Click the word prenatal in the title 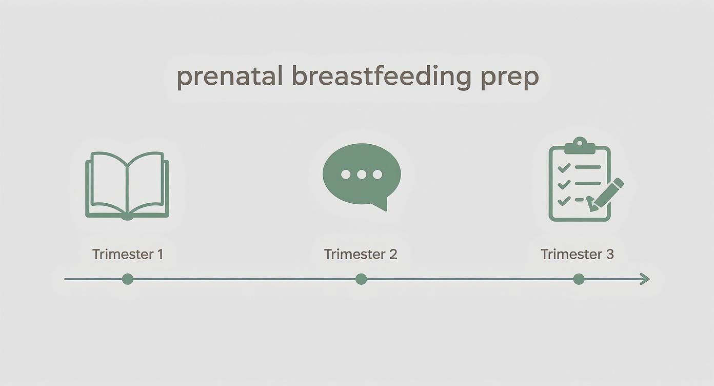click(230, 78)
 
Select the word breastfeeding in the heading click(381, 78)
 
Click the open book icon click(127, 185)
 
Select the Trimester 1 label click(127, 254)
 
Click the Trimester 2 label click(361, 254)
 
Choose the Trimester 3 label click(577, 254)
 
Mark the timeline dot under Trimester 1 click(128, 279)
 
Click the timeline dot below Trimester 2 click(361, 279)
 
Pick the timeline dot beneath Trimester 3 click(579, 279)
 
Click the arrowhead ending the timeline click(645, 279)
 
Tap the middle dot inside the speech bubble click(362, 175)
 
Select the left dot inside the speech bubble click(346, 175)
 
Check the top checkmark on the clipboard click(564, 167)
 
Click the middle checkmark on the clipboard click(564, 184)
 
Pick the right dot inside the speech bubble click(378, 175)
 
